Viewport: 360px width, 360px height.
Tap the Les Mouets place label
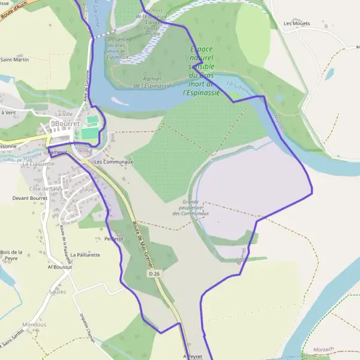click(x=296, y=24)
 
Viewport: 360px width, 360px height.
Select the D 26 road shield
click(x=155, y=274)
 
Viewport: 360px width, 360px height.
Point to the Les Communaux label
click(x=113, y=162)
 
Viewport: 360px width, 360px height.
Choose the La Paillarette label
click(x=85, y=254)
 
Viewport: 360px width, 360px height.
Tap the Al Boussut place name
click(x=60, y=266)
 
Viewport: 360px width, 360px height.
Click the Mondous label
click(x=34, y=325)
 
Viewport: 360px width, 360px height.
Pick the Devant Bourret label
click(x=30, y=197)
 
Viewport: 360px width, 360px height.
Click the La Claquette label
click(x=38, y=164)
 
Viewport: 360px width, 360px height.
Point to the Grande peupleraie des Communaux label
click(x=190, y=208)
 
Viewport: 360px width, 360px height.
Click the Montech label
click(x=317, y=349)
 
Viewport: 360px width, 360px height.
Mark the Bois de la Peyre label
click(x=11, y=255)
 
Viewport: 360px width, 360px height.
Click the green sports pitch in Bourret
click(x=89, y=133)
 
